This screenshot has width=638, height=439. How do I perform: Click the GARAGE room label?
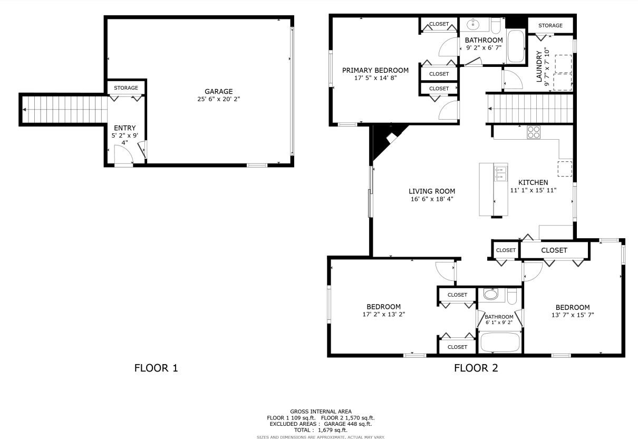pyautogui.click(x=218, y=91)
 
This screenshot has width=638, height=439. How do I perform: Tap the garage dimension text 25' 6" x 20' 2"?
pyautogui.click(x=218, y=99)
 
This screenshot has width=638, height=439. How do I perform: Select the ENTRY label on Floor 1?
pyautogui.click(x=124, y=128)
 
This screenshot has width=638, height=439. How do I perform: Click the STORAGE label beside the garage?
pyautogui.click(x=126, y=87)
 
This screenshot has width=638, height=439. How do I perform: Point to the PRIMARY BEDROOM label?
pyautogui.click(x=375, y=70)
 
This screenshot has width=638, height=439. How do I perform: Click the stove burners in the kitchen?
pyautogui.click(x=534, y=132)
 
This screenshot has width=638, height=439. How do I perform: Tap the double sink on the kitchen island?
pyautogui.click(x=500, y=173)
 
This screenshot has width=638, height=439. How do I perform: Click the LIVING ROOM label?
pyautogui.click(x=432, y=191)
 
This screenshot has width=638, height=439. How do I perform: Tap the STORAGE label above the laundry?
pyautogui.click(x=550, y=25)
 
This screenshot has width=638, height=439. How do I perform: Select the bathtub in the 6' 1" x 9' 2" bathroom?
pyautogui.click(x=500, y=342)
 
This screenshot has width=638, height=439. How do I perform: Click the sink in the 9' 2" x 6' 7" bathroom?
pyautogui.click(x=473, y=24)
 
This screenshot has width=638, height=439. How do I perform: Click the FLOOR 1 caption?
pyautogui.click(x=156, y=368)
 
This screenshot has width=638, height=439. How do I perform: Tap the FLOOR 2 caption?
pyautogui.click(x=476, y=368)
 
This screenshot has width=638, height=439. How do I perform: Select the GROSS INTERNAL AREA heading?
pyautogui.click(x=321, y=411)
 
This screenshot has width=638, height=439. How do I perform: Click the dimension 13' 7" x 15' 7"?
pyautogui.click(x=572, y=315)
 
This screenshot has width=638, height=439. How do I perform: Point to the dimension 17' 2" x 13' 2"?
pyautogui.click(x=383, y=314)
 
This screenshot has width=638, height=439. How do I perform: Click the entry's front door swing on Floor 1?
pyautogui.click(x=122, y=155)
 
